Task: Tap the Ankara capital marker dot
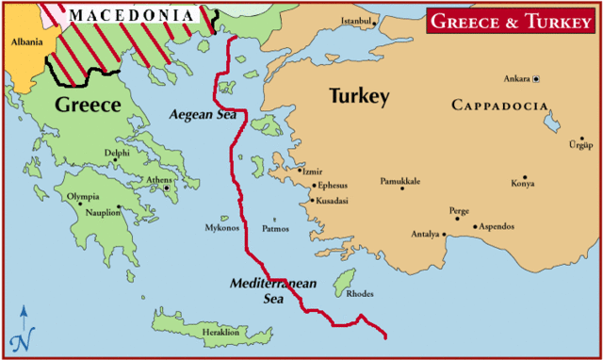(536, 79)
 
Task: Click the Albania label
(26, 41)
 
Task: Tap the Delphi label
(117, 152)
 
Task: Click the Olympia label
(83, 196)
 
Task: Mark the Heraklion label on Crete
(221, 333)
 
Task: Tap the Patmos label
(275, 228)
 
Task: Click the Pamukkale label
(400, 180)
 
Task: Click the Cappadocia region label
(498, 104)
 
